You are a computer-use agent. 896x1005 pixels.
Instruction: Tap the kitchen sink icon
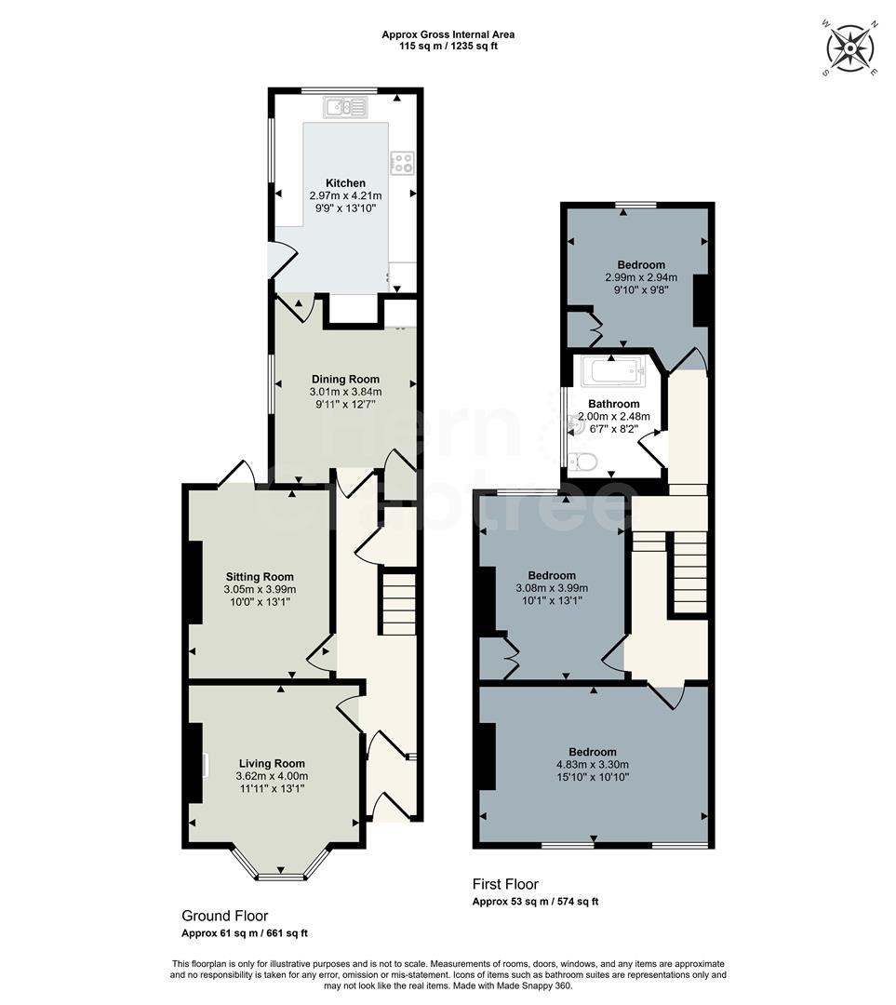point(345,109)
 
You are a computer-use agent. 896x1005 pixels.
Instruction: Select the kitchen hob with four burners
point(402,164)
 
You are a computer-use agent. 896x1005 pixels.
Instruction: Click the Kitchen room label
point(345,183)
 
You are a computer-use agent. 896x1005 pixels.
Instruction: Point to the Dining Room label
point(345,379)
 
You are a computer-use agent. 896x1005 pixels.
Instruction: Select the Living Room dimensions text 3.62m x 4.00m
point(272,775)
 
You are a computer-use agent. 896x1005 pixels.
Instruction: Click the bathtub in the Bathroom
point(612,373)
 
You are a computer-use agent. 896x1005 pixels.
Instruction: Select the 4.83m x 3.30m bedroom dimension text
point(593,765)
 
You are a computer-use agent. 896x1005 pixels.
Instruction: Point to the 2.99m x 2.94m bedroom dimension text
point(641,277)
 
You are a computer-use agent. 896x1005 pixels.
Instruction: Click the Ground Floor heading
point(224,916)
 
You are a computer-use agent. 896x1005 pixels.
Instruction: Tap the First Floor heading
point(505,884)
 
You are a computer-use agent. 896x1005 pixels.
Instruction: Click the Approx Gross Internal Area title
point(448,34)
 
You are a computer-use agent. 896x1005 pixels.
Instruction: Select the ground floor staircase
point(399,604)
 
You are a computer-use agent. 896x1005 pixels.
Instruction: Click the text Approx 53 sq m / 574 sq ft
point(535,902)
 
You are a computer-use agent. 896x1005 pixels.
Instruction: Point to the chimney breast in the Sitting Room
point(195,582)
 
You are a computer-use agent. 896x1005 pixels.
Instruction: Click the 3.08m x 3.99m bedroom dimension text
point(552,588)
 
